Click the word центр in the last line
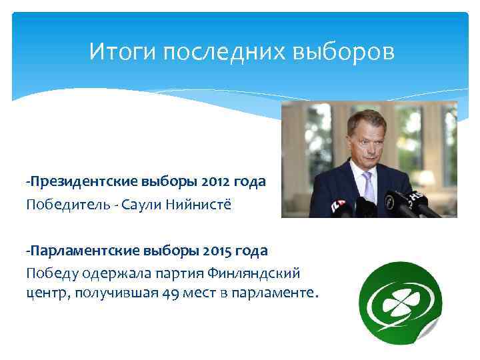pos(43,293)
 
